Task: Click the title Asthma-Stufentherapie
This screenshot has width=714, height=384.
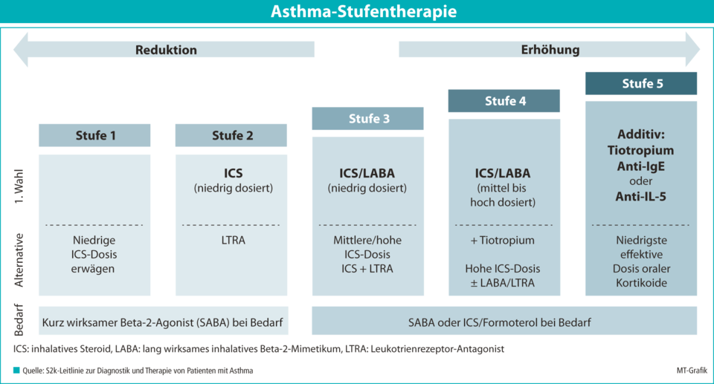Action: tap(364, 11)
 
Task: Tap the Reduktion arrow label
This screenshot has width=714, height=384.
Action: tap(166, 50)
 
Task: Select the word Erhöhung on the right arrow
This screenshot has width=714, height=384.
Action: tap(550, 50)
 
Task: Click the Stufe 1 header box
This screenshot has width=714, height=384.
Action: tap(94, 135)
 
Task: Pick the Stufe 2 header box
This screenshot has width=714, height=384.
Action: tap(231, 135)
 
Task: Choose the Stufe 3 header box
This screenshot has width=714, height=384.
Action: tap(368, 118)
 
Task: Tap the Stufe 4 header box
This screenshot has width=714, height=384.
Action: tap(504, 100)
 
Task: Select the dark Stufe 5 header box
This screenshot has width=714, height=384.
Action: tap(641, 83)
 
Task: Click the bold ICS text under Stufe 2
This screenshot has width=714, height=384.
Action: tap(233, 173)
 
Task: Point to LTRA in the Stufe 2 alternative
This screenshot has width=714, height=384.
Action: tap(233, 240)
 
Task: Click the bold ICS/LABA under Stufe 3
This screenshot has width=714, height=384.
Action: tap(367, 173)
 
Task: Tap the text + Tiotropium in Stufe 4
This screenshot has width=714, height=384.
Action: tap(502, 240)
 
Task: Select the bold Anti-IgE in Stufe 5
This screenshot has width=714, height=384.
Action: tap(640, 166)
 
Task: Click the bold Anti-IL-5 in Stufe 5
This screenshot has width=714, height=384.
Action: tap(640, 197)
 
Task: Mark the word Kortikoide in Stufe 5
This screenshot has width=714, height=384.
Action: tap(641, 283)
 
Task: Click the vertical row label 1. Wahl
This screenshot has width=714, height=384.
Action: tap(19, 186)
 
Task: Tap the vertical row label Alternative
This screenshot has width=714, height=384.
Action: tap(19, 260)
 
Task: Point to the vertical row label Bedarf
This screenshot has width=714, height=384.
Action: tap(19, 320)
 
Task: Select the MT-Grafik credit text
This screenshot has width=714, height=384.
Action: tap(692, 371)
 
